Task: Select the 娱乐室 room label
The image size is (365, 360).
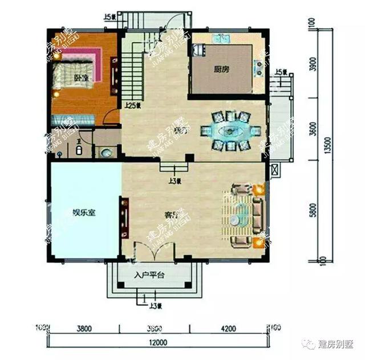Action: (83, 213)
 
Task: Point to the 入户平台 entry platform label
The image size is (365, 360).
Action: (149, 276)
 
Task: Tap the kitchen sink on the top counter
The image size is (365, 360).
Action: (220, 40)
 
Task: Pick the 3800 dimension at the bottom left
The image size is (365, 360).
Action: (84, 328)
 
